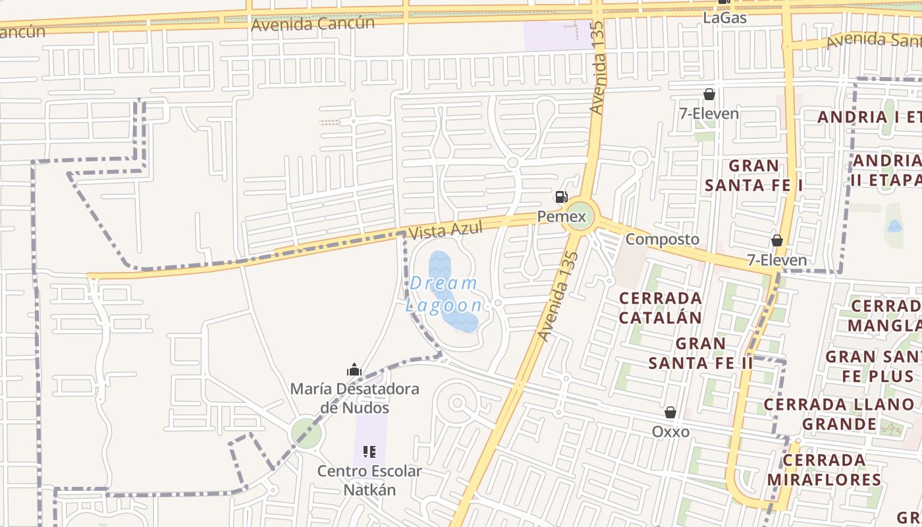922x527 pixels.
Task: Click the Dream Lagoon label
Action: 443,294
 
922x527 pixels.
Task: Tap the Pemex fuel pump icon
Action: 561,196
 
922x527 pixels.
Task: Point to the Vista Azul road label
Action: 445,231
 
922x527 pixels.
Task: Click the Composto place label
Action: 662,239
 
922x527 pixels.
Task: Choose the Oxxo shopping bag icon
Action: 670,412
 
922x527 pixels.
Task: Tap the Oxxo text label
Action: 670,431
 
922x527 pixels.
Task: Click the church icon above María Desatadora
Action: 354,370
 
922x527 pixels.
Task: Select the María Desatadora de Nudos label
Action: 354,398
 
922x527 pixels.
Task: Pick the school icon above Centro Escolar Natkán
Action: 369,452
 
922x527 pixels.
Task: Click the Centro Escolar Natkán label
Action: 369,480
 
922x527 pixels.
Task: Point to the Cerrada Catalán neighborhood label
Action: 661,308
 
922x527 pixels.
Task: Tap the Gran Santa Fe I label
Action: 753,175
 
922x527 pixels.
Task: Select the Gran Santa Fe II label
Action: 701,353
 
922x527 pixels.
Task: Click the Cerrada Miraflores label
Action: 824,469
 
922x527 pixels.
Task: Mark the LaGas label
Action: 724,18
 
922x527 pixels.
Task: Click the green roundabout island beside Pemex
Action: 580,215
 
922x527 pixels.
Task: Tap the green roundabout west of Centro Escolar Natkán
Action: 306,433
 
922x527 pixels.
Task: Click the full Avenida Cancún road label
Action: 313,24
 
